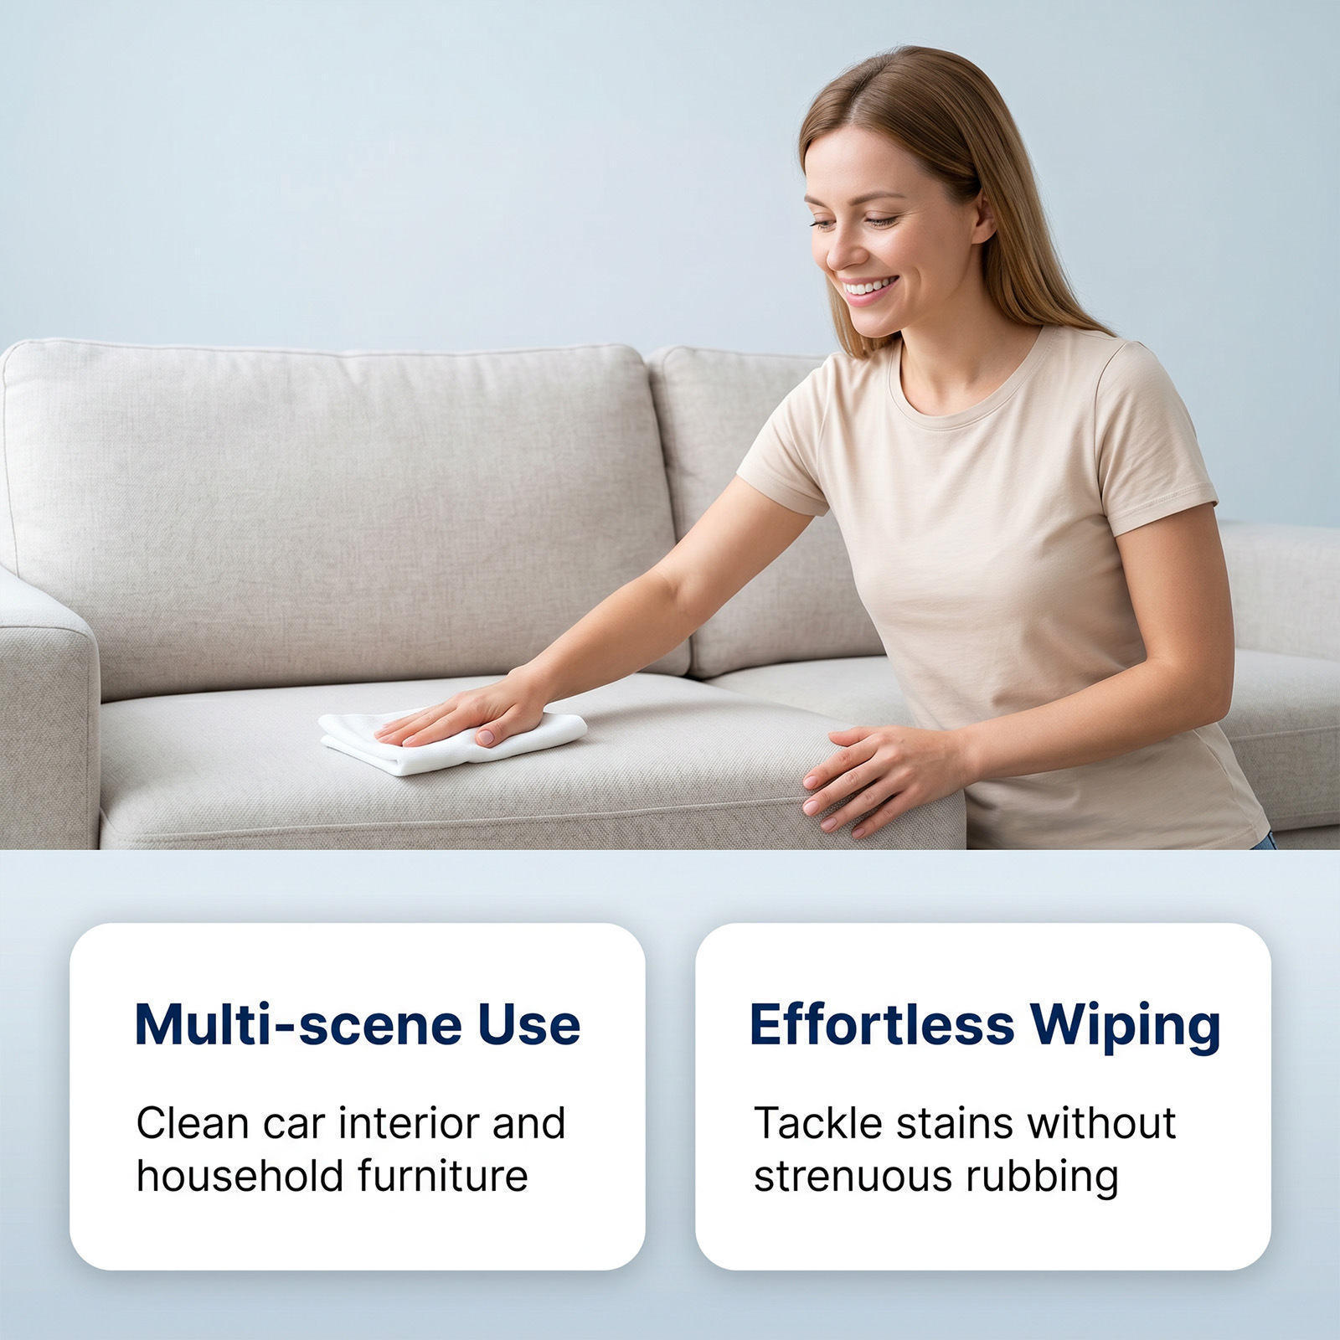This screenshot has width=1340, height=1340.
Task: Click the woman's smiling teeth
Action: pyautogui.click(x=867, y=289)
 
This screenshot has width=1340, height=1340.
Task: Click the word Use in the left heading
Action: pyautogui.click(x=529, y=1024)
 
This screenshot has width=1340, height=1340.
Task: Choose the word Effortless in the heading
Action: pyautogui.click(x=882, y=1023)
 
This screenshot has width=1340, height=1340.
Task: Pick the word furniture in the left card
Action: pyautogui.click(x=443, y=1176)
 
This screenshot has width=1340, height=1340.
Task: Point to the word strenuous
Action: pyautogui.click(x=853, y=1177)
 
